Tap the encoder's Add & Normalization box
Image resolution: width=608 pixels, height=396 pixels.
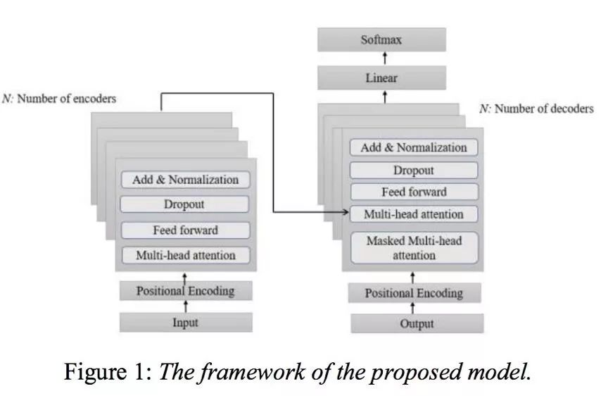pyautogui.click(x=186, y=180)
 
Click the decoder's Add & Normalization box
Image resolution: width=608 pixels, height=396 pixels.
pyautogui.click(x=414, y=147)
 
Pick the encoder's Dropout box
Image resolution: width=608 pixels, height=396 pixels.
pyautogui.click(x=186, y=204)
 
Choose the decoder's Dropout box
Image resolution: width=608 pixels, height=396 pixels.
pyautogui.click(x=414, y=170)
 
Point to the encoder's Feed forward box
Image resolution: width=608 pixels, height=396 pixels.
pyautogui.click(x=186, y=230)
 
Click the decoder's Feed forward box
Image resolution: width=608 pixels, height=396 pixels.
pyautogui.click(x=414, y=192)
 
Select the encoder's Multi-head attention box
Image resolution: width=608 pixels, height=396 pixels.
pyautogui.click(x=186, y=255)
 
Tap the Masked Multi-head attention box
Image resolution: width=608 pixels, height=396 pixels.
pyautogui.click(x=414, y=247)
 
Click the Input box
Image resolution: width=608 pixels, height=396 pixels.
pyautogui.click(x=186, y=323)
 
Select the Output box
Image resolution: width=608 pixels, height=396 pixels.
pyautogui.click(x=417, y=324)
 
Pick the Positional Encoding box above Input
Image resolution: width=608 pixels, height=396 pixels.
pyautogui.click(x=186, y=290)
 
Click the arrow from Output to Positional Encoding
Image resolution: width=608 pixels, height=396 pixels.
pyautogui.click(x=413, y=309)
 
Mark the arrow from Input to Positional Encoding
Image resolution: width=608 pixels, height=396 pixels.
pyautogui.click(x=186, y=307)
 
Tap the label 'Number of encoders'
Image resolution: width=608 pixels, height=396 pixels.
pyautogui.click(x=67, y=99)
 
